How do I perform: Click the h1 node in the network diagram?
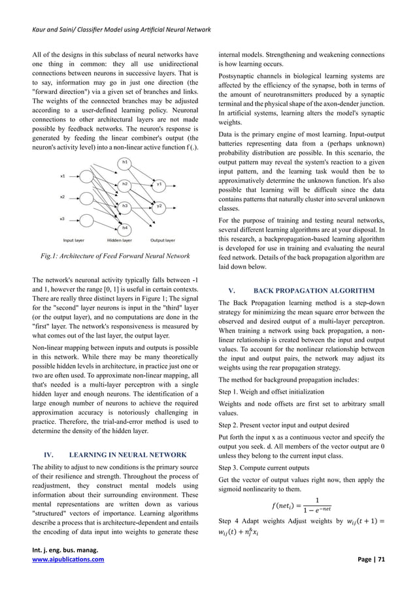[x=124, y=161]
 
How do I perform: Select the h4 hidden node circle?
[x=124, y=227]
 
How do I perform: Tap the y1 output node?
[x=159, y=184]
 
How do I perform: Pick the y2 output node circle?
[x=159, y=206]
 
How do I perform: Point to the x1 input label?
[x=63, y=176]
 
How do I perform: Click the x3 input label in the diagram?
[x=63, y=218]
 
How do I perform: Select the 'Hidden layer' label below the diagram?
[x=119, y=240]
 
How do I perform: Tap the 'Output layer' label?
[x=162, y=240]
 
